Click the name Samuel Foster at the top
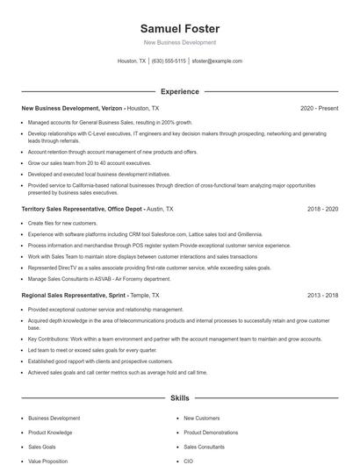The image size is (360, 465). click(x=180, y=28)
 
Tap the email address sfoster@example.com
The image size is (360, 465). click(x=216, y=61)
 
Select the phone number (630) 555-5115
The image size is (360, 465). click(x=169, y=61)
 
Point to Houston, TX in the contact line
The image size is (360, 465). click(x=131, y=61)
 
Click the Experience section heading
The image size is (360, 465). click(x=180, y=91)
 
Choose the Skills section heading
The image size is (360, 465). click(x=180, y=398)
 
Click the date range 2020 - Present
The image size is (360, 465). click(x=319, y=108)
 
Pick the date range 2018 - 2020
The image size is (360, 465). click(x=322, y=210)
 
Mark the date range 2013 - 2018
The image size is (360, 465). click(x=322, y=296)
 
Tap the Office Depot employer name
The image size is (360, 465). click(x=119, y=210)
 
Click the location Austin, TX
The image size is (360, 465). click(x=160, y=210)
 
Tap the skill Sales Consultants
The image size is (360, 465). click(x=204, y=447)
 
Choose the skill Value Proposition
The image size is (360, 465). click(x=48, y=461)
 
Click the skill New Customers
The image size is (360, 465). click(x=202, y=418)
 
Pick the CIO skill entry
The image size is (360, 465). click(x=189, y=461)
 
